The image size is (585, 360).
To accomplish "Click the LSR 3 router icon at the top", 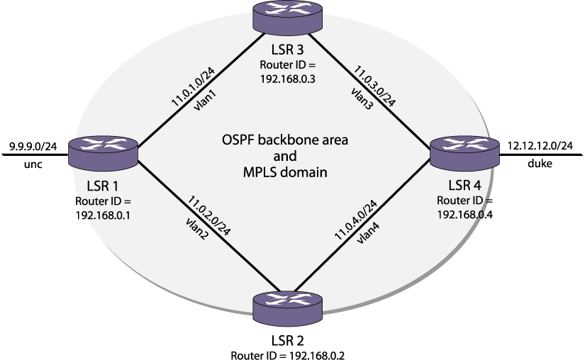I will click(x=288, y=17).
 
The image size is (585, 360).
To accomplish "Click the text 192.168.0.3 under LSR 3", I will click(x=287, y=79).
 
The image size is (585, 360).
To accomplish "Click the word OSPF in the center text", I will click(x=238, y=140).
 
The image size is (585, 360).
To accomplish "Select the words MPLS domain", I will click(x=285, y=171).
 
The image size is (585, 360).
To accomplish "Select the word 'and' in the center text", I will click(x=285, y=156).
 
